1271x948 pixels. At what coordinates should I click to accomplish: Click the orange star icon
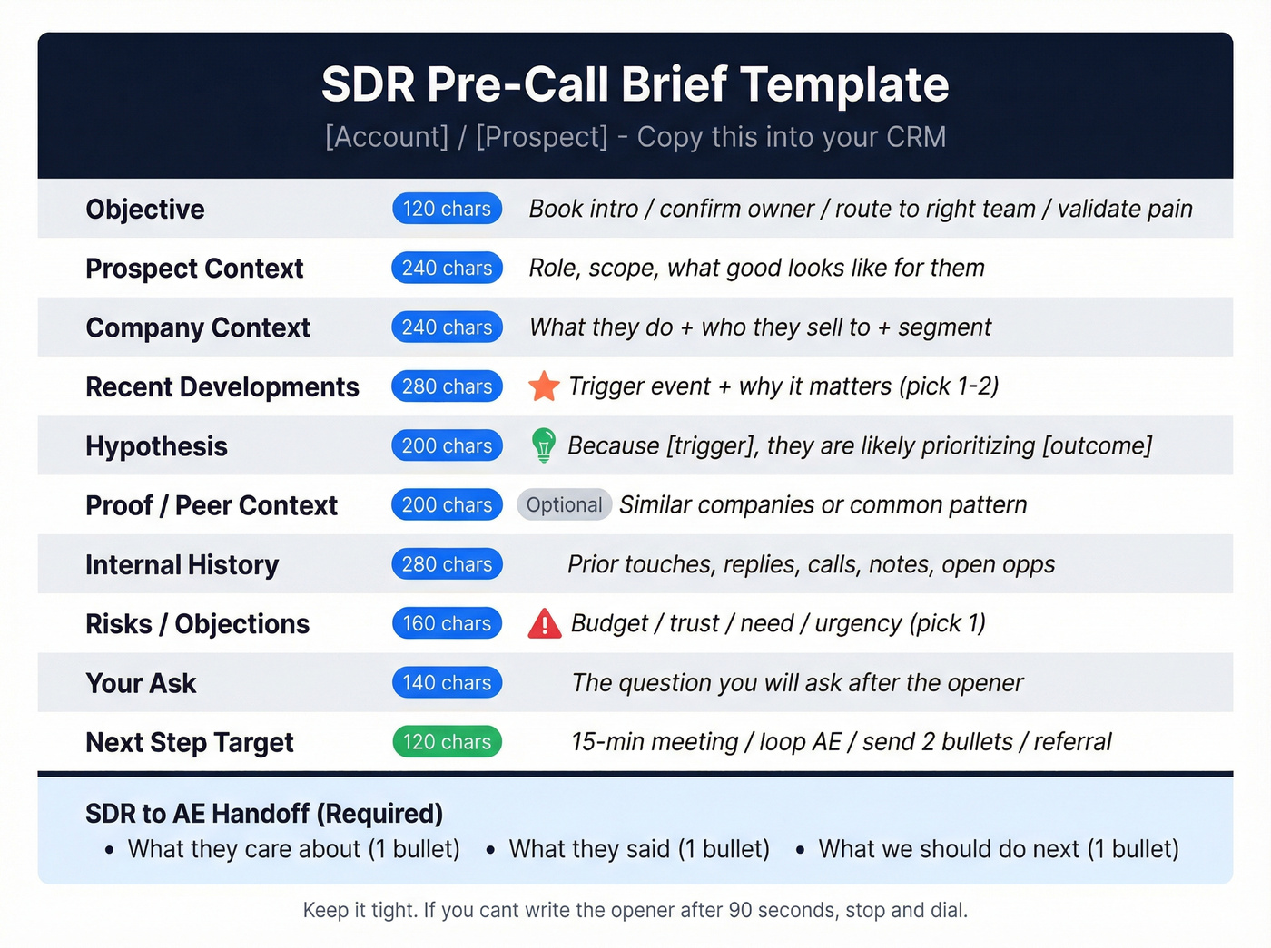544,386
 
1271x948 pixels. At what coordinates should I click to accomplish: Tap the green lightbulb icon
543,445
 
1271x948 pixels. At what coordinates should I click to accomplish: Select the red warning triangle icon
545,624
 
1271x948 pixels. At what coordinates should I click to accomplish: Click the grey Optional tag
564,505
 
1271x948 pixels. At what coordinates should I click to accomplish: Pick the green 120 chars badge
447,742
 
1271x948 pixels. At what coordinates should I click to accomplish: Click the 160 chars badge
447,624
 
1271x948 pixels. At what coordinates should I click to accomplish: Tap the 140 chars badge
447,683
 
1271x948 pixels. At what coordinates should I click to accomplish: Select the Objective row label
145,210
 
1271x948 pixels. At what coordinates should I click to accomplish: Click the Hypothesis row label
156,446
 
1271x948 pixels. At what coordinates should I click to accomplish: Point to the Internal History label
182,565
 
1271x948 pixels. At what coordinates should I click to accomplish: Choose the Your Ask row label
141,683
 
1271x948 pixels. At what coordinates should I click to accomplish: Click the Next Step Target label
189,743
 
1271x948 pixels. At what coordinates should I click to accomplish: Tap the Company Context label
198,327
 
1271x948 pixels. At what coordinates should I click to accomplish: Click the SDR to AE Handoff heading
264,814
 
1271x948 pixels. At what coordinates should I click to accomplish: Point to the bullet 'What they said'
639,849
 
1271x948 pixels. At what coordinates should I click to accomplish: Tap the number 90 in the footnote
739,910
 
